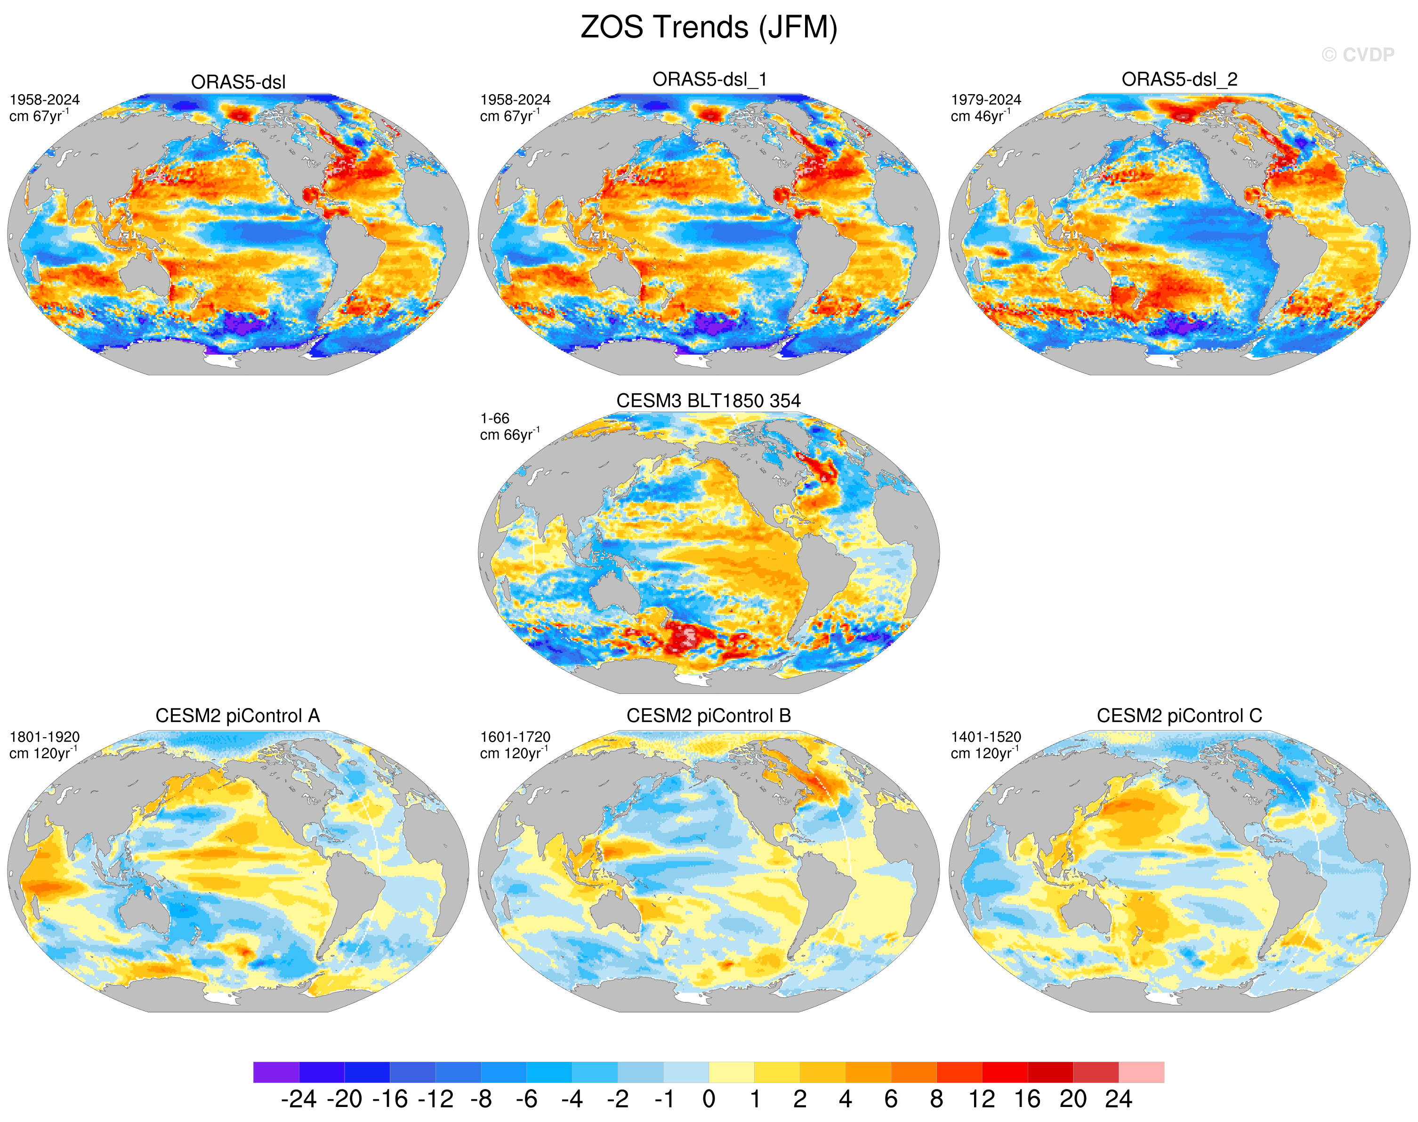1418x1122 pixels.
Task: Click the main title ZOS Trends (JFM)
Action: coord(709,28)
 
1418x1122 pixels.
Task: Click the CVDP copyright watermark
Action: coord(1358,55)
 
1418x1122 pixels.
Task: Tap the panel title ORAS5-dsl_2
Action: coord(1179,80)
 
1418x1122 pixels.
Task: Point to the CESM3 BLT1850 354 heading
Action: coord(709,401)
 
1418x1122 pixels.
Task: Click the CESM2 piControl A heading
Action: coord(237,716)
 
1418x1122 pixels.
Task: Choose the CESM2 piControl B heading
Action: coord(709,716)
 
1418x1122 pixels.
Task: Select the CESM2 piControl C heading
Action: coord(1179,716)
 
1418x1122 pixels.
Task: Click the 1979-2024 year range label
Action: coord(986,100)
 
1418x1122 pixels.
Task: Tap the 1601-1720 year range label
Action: coord(516,737)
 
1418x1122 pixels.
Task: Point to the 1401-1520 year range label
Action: coord(986,737)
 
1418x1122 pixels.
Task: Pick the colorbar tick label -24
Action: coord(298,1098)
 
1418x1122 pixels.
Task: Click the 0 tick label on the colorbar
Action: coord(709,1098)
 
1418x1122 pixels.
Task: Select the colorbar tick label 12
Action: coord(982,1098)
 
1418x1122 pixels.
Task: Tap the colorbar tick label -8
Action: coord(481,1098)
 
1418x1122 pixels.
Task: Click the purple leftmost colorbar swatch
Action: coord(276,1072)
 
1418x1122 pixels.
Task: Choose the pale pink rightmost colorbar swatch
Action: coord(1141,1072)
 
